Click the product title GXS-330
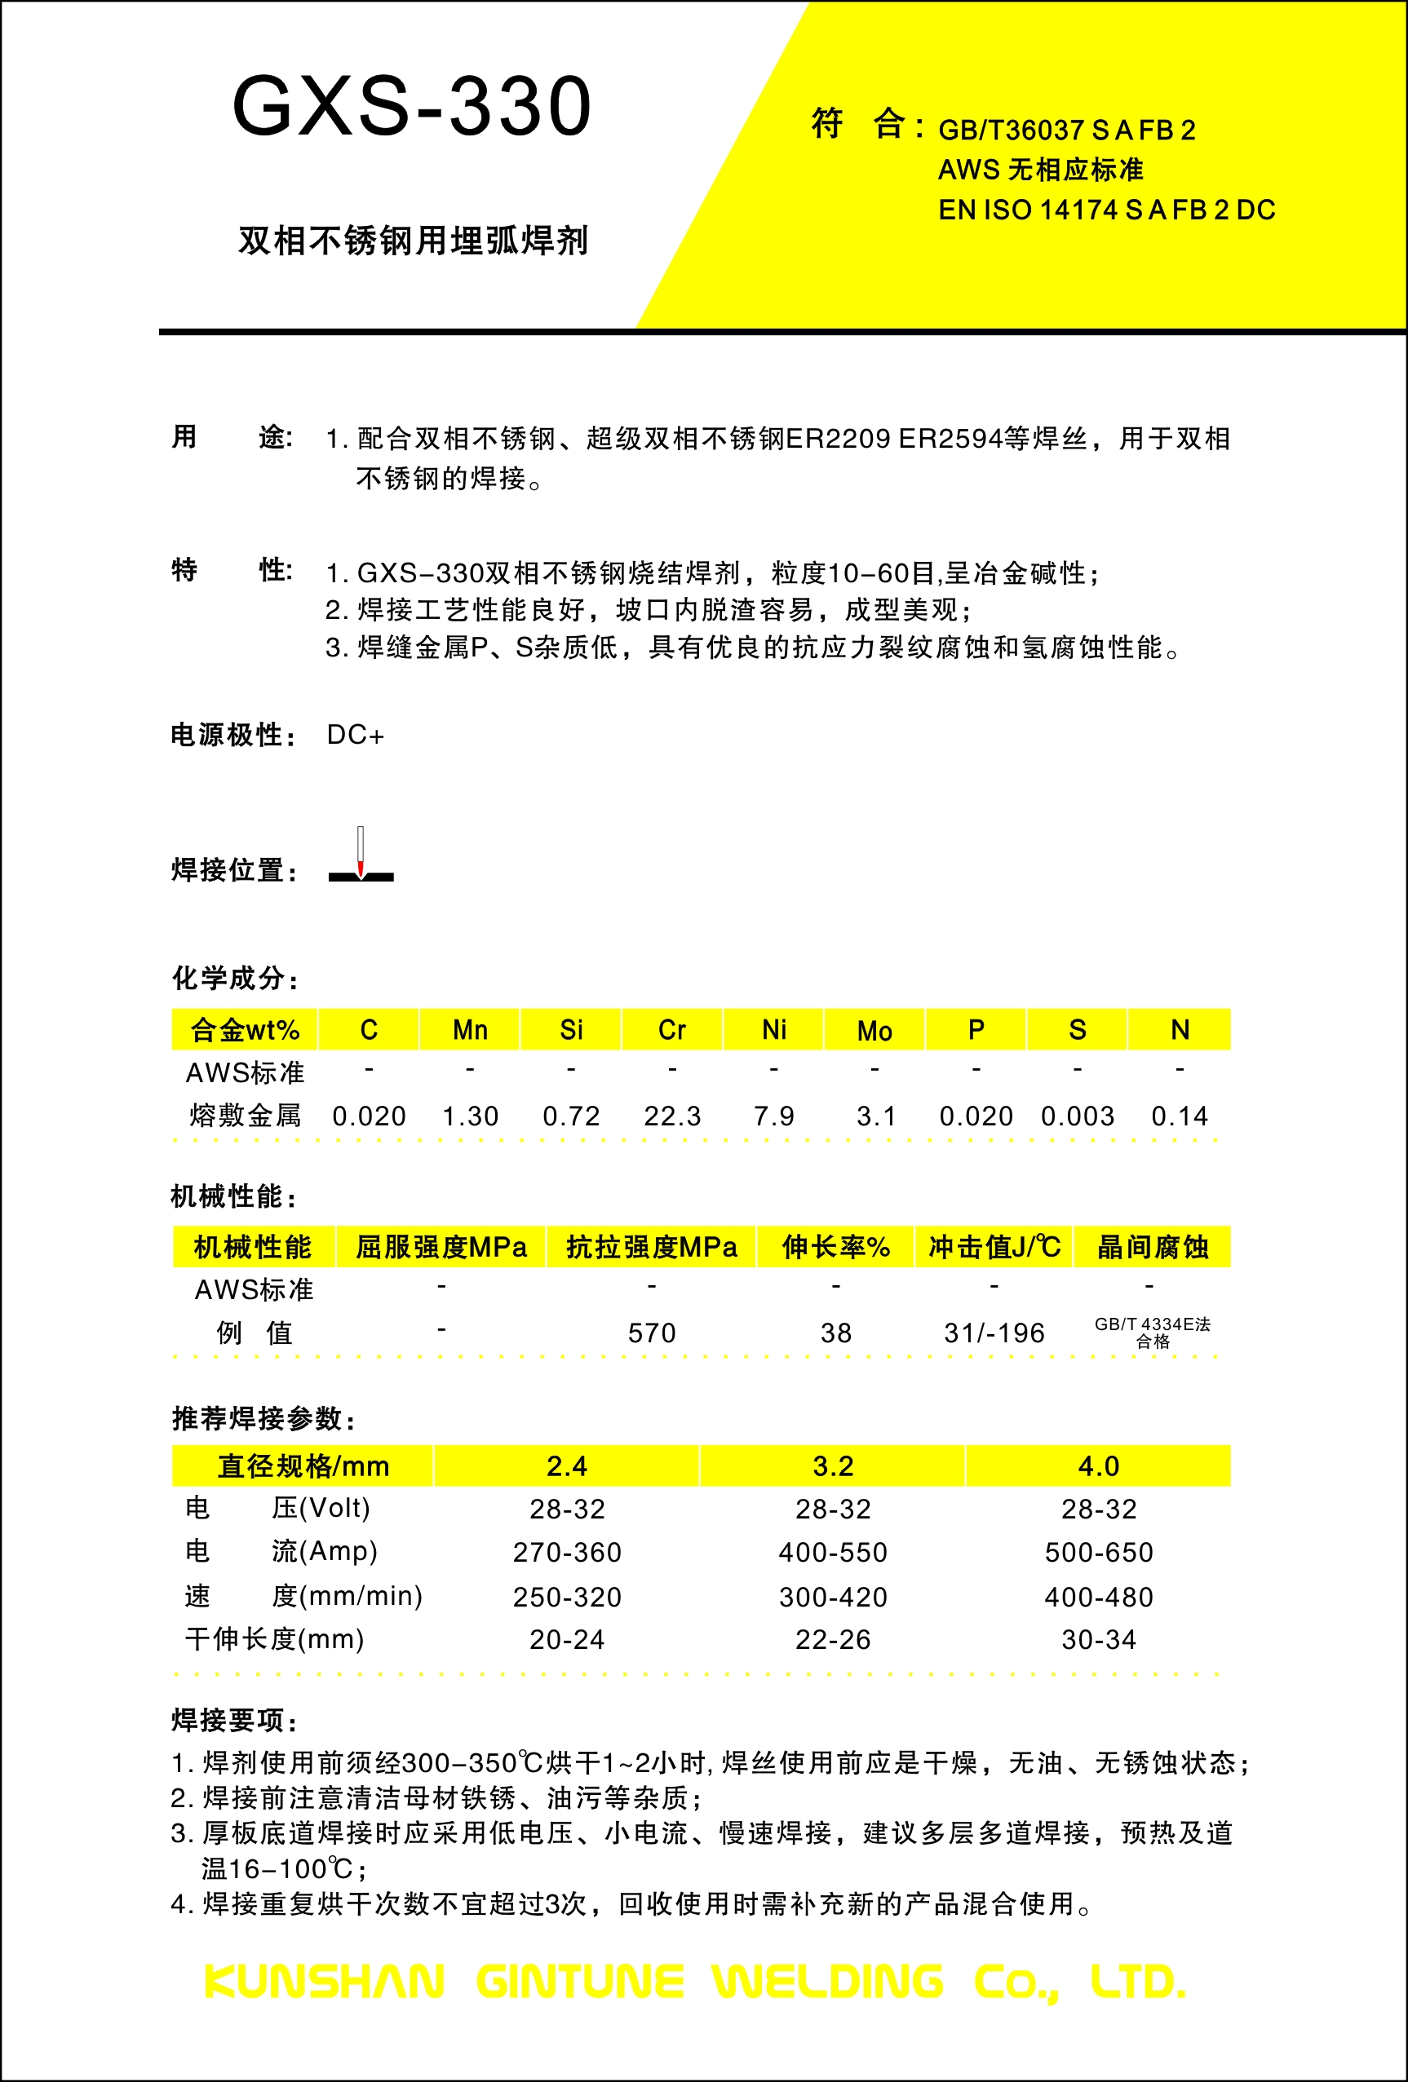412,107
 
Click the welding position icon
361,857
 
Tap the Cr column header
672,1030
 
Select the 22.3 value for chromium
672,1116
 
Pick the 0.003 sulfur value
1078,1116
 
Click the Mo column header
874,1031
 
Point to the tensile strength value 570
652,1333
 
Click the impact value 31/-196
994,1333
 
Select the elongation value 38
836,1333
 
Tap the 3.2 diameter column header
833,1466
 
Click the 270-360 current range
567,1553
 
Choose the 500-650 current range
1099,1553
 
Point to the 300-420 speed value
833,1598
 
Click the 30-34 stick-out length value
1099,1640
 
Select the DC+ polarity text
356,736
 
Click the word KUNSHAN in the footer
325,1982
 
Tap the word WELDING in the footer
828,1982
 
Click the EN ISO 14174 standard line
1106,210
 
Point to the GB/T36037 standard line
1066,130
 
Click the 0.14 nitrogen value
1180,1116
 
